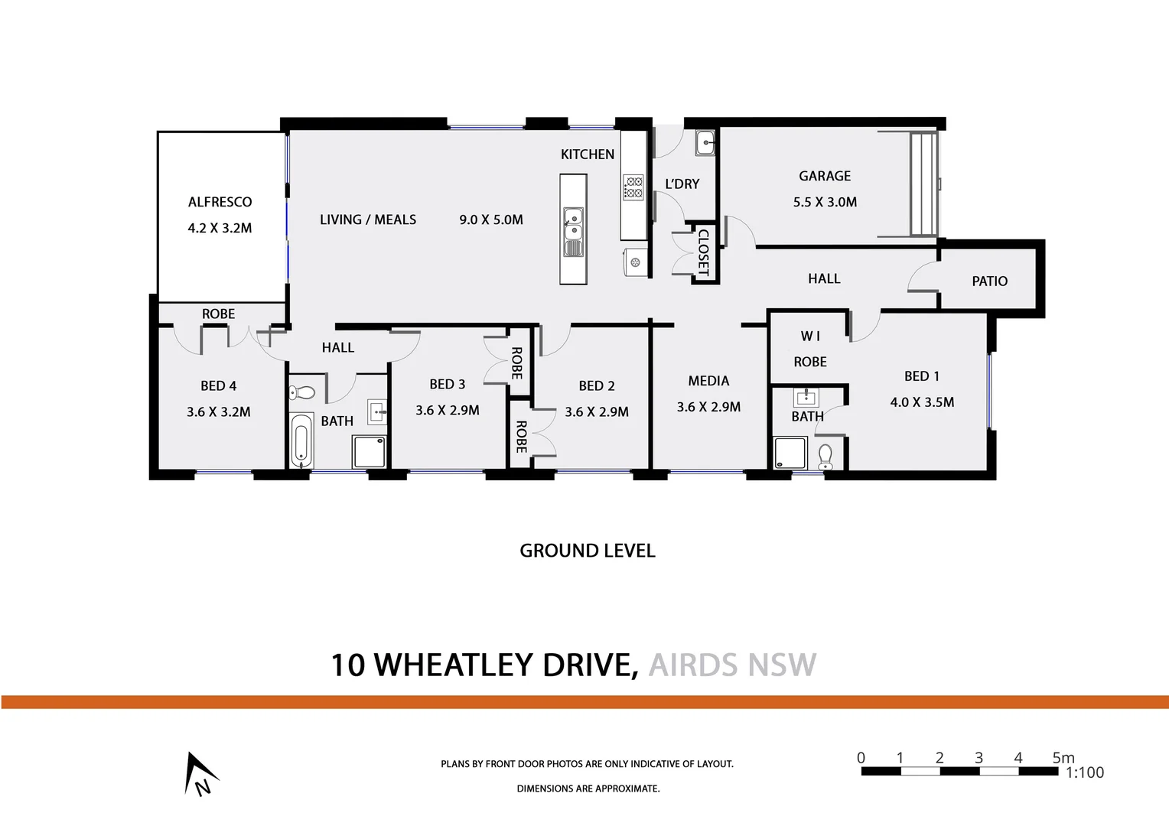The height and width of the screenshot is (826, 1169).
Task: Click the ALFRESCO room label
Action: (220, 202)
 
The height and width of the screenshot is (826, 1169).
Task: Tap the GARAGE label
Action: (825, 176)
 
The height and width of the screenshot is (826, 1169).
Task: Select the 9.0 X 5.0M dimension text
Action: (491, 220)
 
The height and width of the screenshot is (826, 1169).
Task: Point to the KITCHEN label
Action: (588, 154)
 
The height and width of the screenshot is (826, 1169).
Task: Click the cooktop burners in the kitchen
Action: (633, 187)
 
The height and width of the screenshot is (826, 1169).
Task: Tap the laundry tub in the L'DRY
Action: (705, 142)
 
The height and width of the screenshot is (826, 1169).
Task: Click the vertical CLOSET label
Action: (704, 253)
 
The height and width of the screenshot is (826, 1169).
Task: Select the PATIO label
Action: (989, 281)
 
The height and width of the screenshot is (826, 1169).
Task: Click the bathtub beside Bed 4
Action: (301, 441)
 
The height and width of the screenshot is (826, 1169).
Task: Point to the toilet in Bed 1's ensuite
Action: (825, 457)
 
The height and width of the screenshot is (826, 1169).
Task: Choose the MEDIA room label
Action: (708, 381)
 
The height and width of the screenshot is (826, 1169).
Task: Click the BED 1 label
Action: (921, 376)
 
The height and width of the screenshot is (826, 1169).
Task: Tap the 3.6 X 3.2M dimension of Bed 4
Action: (219, 412)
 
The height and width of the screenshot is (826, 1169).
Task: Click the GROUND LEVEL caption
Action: (588, 551)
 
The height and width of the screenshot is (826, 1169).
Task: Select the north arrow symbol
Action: (199, 774)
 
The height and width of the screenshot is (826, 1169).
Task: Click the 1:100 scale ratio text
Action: (1085, 772)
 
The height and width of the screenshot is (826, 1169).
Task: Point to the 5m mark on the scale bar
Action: (1063, 758)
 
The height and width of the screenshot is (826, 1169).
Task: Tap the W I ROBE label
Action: (810, 349)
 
